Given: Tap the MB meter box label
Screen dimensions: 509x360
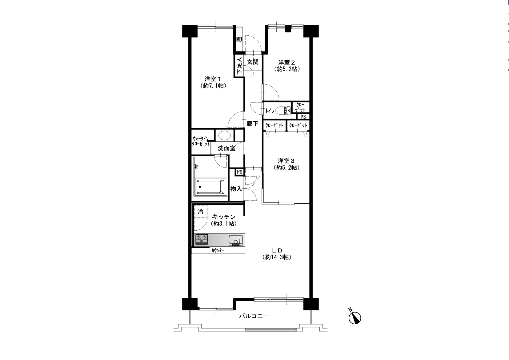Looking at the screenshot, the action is coord(239,39).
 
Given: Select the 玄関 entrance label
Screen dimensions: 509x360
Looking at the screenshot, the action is coord(253,62).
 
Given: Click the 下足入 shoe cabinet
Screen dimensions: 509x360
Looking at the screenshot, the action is coord(239,66).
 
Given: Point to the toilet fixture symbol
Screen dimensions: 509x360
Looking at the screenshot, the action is coord(283,111).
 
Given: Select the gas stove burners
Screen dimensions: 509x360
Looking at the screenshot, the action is coord(202,239).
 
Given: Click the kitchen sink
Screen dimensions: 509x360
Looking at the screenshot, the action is coord(236,240).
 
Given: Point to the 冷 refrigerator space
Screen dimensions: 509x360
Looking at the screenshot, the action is coord(200,212).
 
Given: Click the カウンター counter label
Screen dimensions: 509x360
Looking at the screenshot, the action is coord(218,251).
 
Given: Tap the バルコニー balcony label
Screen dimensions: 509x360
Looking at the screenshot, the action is coord(254,316).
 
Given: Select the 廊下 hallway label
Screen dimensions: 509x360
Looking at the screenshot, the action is coord(253,123).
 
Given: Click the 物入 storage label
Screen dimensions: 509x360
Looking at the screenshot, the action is coord(236,188).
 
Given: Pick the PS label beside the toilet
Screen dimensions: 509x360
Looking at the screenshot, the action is coord(303,117).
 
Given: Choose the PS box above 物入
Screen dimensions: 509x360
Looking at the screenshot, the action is coord(239,172).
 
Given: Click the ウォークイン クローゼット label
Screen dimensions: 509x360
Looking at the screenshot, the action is coord(201,141).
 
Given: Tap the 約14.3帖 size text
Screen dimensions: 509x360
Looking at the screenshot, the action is coord(277,257).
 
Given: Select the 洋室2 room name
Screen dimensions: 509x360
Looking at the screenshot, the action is coord(287,62).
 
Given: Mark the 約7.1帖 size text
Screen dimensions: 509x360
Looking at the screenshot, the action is coord(213,86).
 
